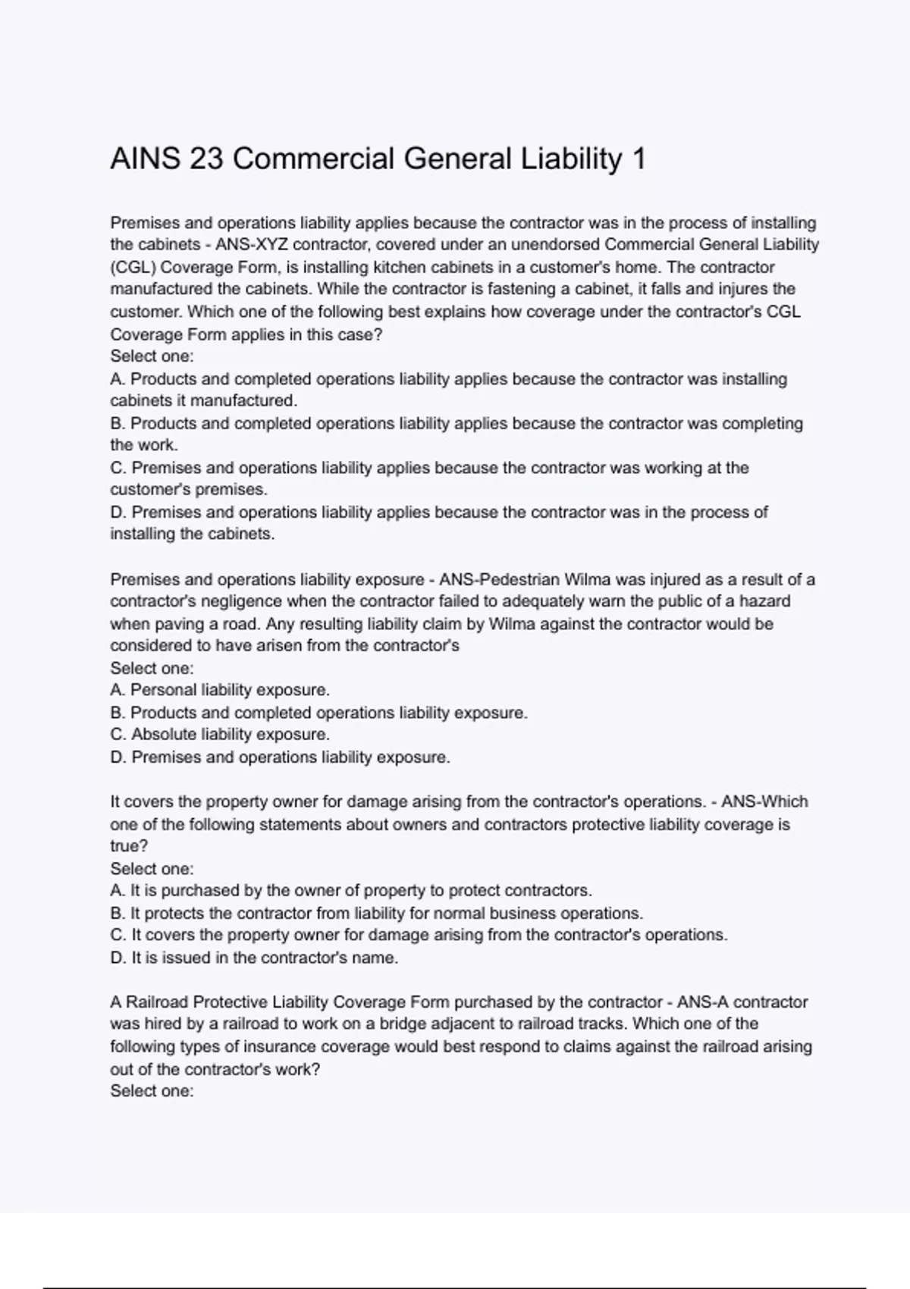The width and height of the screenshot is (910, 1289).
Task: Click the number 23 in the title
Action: click(206, 159)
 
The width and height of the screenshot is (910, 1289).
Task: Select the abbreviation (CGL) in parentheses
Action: click(133, 268)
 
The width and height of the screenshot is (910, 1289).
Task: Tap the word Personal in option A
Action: click(163, 690)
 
